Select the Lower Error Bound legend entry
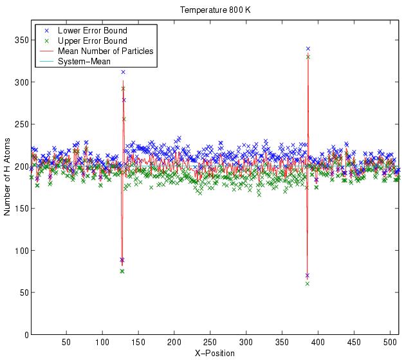pos(92,30)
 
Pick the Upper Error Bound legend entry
pos(92,40)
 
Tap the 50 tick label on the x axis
pos(66,343)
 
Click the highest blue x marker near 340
pos(308,48)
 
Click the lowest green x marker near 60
pos(308,283)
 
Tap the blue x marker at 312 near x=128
pos(123,72)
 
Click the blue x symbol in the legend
pos(44,30)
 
